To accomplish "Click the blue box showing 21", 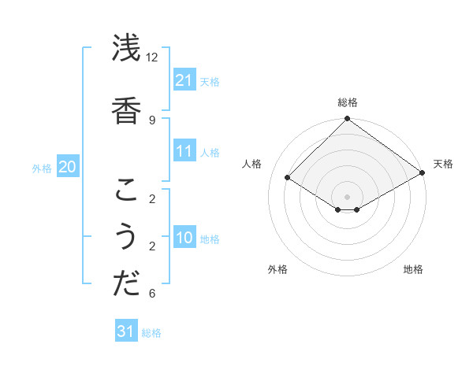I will click(x=184, y=80).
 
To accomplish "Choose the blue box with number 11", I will click(x=184, y=151).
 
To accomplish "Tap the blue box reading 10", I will click(x=184, y=238).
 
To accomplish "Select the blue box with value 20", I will click(x=67, y=167).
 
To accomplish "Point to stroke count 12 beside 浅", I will click(x=151, y=57).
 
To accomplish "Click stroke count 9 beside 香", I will click(x=151, y=120).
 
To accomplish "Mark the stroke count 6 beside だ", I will click(x=151, y=294).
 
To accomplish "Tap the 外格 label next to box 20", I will click(x=42, y=168).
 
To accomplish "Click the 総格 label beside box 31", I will click(x=151, y=333).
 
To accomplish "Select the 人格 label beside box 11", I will click(x=210, y=152).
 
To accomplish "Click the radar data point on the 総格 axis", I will click(x=347, y=120).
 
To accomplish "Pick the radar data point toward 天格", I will click(x=423, y=173).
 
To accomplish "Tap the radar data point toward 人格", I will click(x=288, y=178).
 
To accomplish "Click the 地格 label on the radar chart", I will click(x=413, y=269).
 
